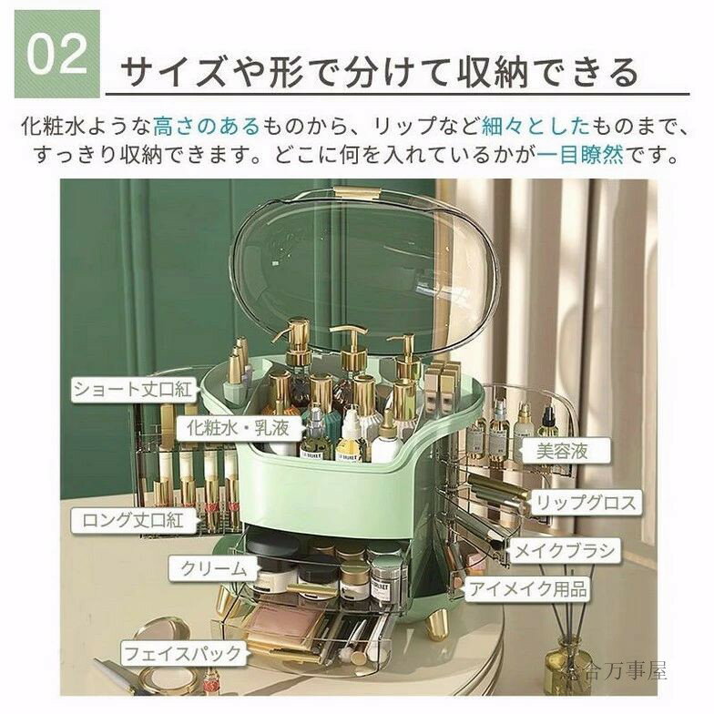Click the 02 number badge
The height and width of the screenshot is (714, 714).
(56, 55)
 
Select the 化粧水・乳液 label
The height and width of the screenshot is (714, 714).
(239, 428)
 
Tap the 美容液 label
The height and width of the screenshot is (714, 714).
(562, 451)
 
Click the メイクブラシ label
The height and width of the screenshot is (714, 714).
(564, 551)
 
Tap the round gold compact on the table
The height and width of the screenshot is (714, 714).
(165, 636)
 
